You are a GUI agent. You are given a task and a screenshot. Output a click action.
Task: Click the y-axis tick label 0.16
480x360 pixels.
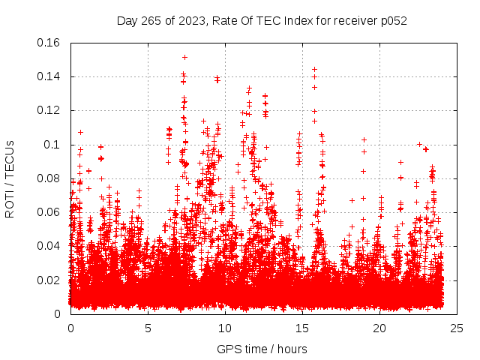point(50,43)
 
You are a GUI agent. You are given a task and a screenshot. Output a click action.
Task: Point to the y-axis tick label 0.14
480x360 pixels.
point(50,76)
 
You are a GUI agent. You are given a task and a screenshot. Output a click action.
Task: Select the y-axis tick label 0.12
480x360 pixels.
point(50,110)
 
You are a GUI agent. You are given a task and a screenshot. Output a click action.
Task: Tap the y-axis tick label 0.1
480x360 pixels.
point(53,144)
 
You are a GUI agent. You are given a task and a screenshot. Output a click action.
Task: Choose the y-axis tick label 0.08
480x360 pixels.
point(50,178)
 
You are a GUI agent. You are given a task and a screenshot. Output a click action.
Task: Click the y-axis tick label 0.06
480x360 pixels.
point(50,212)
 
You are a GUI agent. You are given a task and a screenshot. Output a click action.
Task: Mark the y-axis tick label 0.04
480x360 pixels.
point(50,246)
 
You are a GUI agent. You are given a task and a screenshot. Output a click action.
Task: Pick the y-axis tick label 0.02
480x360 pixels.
point(50,280)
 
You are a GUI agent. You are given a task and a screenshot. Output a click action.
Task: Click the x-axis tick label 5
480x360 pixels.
point(148,328)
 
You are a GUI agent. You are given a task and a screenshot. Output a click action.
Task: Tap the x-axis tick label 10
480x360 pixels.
point(225,328)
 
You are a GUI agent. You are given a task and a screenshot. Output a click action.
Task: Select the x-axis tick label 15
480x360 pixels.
point(302,328)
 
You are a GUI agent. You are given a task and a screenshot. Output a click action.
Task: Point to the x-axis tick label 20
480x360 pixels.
point(379,328)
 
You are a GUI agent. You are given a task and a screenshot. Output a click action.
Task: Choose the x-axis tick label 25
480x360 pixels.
point(457,328)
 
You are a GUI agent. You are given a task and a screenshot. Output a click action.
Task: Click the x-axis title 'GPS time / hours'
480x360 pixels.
point(262,349)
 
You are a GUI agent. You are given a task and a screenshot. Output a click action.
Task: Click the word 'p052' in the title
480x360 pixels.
point(393,20)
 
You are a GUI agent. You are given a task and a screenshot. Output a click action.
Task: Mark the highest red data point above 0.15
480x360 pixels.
point(184,57)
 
